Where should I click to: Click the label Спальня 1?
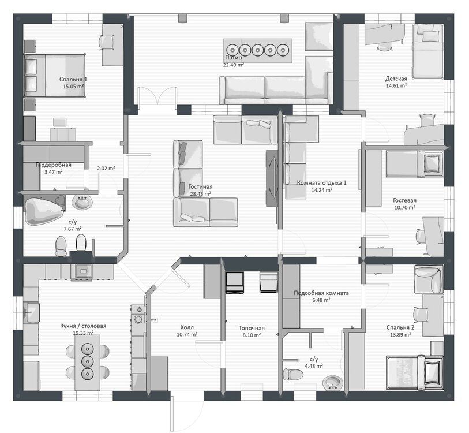pyautogui.click(x=73, y=79)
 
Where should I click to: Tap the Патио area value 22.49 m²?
pyautogui.click(x=233, y=65)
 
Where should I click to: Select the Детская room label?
pyautogui.click(x=396, y=79)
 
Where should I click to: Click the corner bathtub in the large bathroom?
pyautogui.click(x=45, y=210)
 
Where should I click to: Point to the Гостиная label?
pyautogui.click(x=200, y=187)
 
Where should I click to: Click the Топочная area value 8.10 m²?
pyautogui.click(x=252, y=335)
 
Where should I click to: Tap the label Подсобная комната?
pyautogui.click(x=321, y=293)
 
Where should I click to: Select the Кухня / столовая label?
pyautogui.click(x=83, y=326)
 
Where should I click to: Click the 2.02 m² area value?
pyautogui.click(x=106, y=168)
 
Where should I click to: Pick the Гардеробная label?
pyautogui.click(x=54, y=165)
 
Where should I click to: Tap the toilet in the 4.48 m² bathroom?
pyautogui.click(x=293, y=374)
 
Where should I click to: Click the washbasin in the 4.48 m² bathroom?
pyautogui.click(x=333, y=383)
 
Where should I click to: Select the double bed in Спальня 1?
pyautogui.click(x=54, y=76)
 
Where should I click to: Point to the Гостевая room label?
pyautogui.click(x=405, y=201)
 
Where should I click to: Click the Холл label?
pyautogui.click(x=187, y=327)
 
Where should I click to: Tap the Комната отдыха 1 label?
pyautogui.click(x=321, y=182)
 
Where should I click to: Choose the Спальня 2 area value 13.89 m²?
pyautogui.click(x=400, y=335)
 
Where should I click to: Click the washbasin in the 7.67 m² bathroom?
pyautogui.click(x=82, y=202)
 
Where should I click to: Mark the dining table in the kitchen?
pyautogui.click(x=87, y=363)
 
